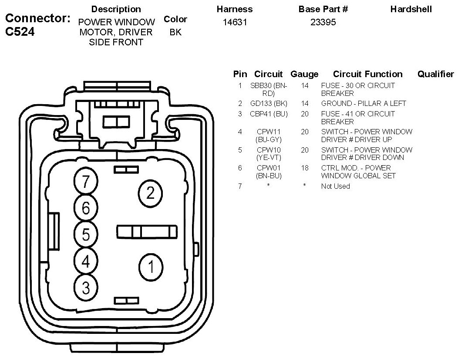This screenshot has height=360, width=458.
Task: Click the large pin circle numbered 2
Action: pos(150,193)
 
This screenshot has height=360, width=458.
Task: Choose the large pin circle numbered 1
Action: pos(151,266)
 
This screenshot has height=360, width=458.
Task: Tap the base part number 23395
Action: pos(323,22)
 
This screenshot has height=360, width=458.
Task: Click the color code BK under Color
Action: pos(175,32)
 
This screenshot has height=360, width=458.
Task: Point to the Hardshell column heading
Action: pos(411,9)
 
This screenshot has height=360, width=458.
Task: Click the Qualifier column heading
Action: pos(435,74)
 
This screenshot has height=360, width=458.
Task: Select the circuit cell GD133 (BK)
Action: pos(269,104)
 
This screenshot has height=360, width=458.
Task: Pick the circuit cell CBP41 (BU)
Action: pos(269,114)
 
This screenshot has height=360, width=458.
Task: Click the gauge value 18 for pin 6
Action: pos(304,168)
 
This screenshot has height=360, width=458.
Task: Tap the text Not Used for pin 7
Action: pos(335,187)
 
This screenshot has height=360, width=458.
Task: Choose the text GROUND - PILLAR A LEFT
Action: pos(364,104)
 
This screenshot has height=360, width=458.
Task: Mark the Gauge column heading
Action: pos(304,74)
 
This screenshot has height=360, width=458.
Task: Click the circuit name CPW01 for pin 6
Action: pos(269,168)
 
